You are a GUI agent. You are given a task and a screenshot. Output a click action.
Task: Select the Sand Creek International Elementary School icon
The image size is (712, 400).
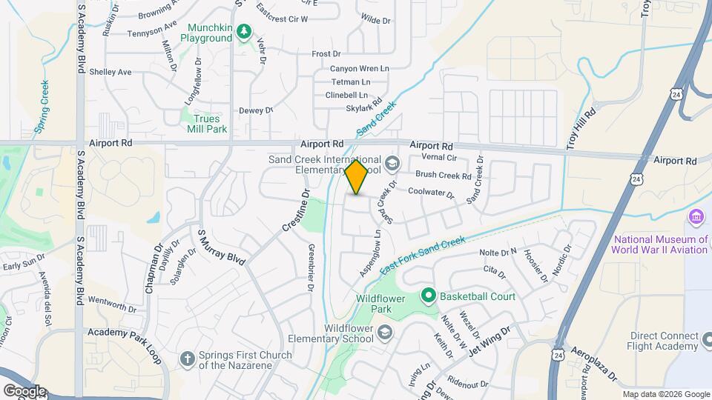click(x=392, y=163)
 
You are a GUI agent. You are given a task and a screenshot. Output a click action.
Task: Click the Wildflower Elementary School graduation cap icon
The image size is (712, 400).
click(x=384, y=331)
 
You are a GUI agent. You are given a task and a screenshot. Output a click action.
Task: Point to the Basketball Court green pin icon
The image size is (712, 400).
click(x=427, y=296)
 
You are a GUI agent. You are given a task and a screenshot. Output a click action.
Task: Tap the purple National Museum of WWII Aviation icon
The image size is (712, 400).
click(x=696, y=217)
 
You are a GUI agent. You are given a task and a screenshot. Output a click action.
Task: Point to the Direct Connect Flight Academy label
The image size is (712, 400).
click(x=664, y=341)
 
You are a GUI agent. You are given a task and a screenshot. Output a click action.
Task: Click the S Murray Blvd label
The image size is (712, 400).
click(x=221, y=247)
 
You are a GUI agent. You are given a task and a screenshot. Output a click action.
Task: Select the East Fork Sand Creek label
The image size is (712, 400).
click(x=422, y=257)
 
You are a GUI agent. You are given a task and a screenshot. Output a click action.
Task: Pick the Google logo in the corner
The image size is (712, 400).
click(x=24, y=390)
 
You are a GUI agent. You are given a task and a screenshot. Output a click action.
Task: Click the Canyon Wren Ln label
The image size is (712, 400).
click(x=360, y=69)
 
